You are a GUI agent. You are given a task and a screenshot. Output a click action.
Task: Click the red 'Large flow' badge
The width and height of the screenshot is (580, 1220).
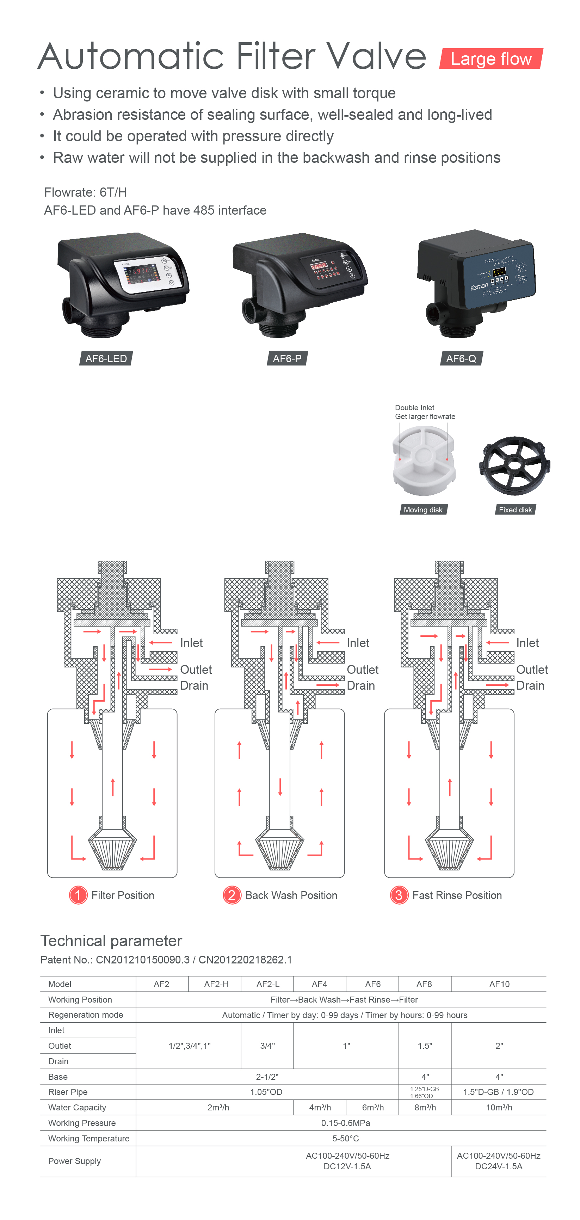[x=490, y=59]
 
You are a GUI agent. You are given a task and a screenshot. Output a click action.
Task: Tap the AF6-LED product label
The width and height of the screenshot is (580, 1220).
[x=106, y=358]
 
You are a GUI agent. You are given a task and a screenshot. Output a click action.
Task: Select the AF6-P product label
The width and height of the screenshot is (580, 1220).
[x=287, y=358]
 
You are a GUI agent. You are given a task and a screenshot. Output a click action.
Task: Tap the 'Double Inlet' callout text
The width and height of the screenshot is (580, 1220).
[x=414, y=408]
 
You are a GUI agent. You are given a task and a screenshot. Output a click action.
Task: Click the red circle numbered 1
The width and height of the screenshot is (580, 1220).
[x=78, y=895]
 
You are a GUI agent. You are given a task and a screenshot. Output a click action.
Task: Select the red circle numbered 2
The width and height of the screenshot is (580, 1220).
[x=232, y=895]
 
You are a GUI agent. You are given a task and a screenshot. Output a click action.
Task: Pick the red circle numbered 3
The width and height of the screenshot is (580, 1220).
[x=399, y=895]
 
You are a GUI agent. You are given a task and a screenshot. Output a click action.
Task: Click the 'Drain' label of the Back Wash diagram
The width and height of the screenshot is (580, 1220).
[x=360, y=685]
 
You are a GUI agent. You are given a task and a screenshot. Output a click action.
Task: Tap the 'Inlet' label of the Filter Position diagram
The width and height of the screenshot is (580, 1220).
[x=191, y=643]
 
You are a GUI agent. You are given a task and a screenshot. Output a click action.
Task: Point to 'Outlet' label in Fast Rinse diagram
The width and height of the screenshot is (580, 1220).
[x=532, y=670]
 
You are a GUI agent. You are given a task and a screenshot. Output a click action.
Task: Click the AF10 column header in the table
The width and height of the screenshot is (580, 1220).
[x=499, y=984]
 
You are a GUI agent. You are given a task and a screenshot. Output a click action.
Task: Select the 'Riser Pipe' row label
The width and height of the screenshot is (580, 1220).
[x=68, y=1092]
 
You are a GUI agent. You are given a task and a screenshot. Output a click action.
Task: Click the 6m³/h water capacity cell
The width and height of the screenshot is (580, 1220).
[x=372, y=1107]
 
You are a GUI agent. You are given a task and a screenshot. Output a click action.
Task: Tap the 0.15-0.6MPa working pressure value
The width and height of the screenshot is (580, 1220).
[x=346, y=1123]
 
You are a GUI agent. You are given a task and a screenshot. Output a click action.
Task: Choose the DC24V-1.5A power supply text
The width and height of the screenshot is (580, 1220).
[x=499, y=1166]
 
